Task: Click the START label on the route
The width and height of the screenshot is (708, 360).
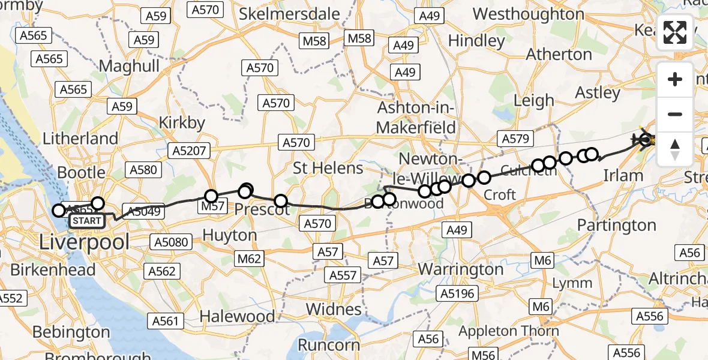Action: (x=88, y=221)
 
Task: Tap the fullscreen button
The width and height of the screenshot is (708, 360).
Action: (x=675, y=33)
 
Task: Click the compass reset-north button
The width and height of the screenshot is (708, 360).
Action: (x=675, y=148)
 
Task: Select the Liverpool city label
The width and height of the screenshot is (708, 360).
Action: (x=84, y=242)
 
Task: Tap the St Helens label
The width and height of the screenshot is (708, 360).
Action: (x=328, y=168)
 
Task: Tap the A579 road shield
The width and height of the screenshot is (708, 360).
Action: (x=515, y=139)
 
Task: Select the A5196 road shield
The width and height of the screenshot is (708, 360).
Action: (x=458, y=293)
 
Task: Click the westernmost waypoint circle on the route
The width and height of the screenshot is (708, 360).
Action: (x=58, y=211)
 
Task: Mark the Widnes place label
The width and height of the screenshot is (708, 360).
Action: (x=333, y=309)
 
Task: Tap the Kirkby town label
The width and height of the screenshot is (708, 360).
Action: (x=182, y=122)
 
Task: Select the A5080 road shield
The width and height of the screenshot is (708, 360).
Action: (x=171, y=242)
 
